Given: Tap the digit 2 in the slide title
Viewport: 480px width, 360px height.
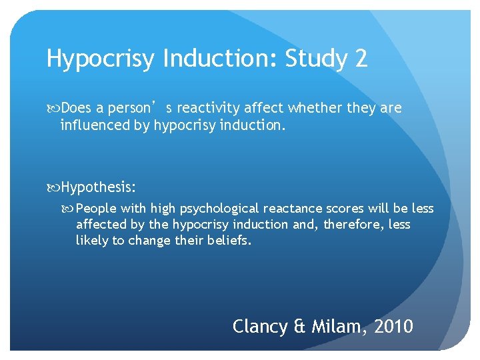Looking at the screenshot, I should [361, 59].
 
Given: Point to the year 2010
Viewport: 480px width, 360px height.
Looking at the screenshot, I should [394, 327].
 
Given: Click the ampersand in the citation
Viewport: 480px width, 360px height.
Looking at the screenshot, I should [299, 327].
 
